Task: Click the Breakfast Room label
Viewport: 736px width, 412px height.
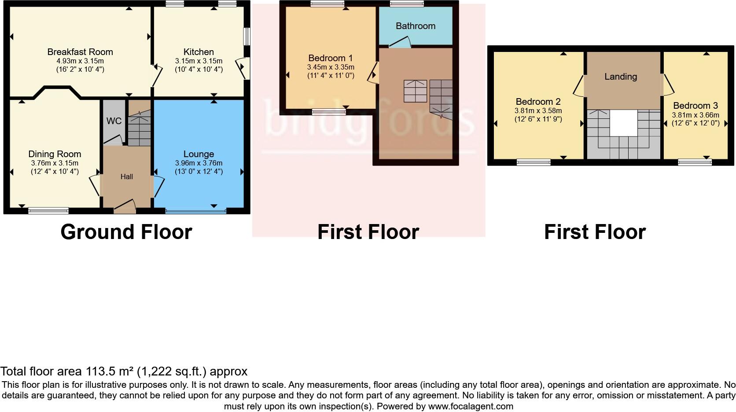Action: pyautogui.click(x=80, y=52)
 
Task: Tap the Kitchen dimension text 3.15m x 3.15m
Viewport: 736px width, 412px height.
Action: pyautogui.click(x=199, y=61)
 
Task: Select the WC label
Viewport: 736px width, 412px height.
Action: pyautogui.click(x=114, y=121)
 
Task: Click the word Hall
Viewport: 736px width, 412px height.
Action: pyautogui.click(x=127, y=177)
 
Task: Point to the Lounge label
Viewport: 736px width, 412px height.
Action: pyautogui.click(x=199, y=154)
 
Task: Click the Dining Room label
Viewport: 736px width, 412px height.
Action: pyautogui.click(x=55, y=154)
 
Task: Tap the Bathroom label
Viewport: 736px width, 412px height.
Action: pyautogui.click(x=415, y=26)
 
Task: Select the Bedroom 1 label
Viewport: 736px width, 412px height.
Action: pyautogui.click(x=330, y=58)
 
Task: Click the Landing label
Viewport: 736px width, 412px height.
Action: pyautogui.click(x=620, y=77)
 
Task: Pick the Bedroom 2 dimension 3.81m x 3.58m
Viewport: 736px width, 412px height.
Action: pyautogui.click(x=538, y=111)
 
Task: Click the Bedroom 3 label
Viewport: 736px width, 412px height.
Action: pyautogui.click(x=695, y=106)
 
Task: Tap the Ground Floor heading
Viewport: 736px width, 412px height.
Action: pyautogui.click(x=126, y=232)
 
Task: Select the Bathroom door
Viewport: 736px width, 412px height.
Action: pyautogui.click(x=400, y=43)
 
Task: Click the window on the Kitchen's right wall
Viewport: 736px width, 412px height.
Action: pyautogui.click(x=247, y=36)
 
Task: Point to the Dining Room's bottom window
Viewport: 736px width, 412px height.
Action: pyautogui.click(x=48, y=211)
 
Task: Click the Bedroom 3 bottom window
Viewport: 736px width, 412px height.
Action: pyautogui.click(x=695, y=162)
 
